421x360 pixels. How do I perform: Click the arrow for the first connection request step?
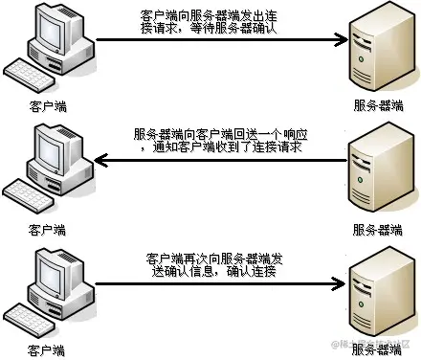tap(220, 40)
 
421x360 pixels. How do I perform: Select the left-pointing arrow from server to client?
tap(220, 161)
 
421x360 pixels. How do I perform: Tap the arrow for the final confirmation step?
tap(220, 283)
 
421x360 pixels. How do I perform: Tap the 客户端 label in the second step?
tap(47, 229)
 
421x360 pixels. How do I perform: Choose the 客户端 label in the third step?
tap(47, 349)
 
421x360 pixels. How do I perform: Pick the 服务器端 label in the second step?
tap(376, 229)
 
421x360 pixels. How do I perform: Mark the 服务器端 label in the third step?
tap(376, 349)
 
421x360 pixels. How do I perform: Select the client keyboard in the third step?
tap(33, 318)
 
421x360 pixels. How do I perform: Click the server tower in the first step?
tap(376, 48)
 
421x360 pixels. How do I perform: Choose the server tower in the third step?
tap(376, 292)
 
